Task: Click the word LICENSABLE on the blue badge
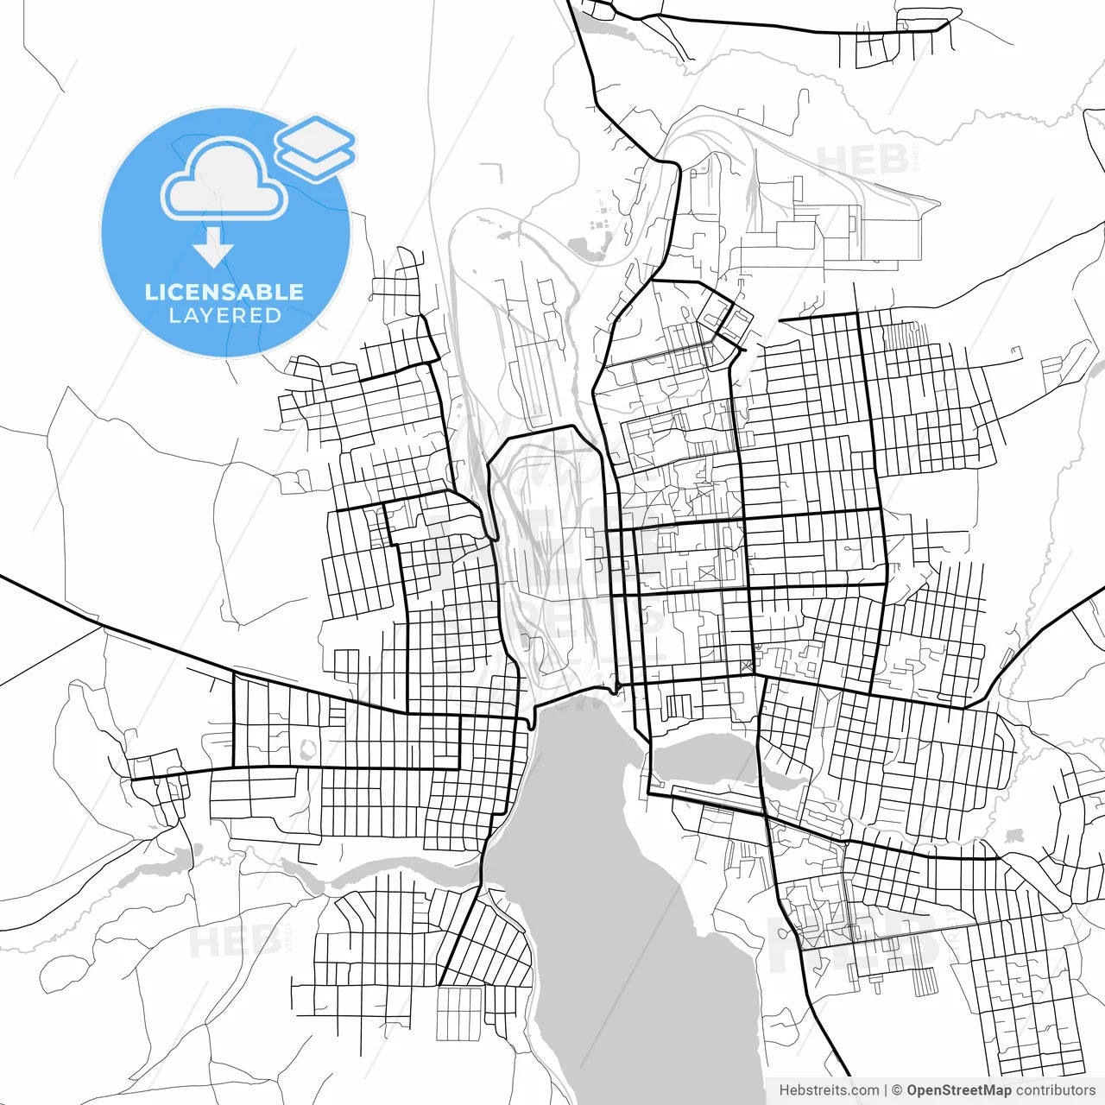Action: point(224,292)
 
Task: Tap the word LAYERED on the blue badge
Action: point(224,316)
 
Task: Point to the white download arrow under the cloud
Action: point(213,248)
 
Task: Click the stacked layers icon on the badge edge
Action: point(316,148)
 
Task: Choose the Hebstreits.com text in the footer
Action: point(829,1090)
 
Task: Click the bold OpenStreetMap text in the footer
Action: point(959,1090)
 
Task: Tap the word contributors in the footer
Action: point(1056,1090)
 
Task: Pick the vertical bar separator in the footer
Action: point(886,1090)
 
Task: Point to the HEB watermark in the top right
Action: point(862,161)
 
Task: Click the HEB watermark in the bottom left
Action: point(233,941)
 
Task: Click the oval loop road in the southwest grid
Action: point(304,746)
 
